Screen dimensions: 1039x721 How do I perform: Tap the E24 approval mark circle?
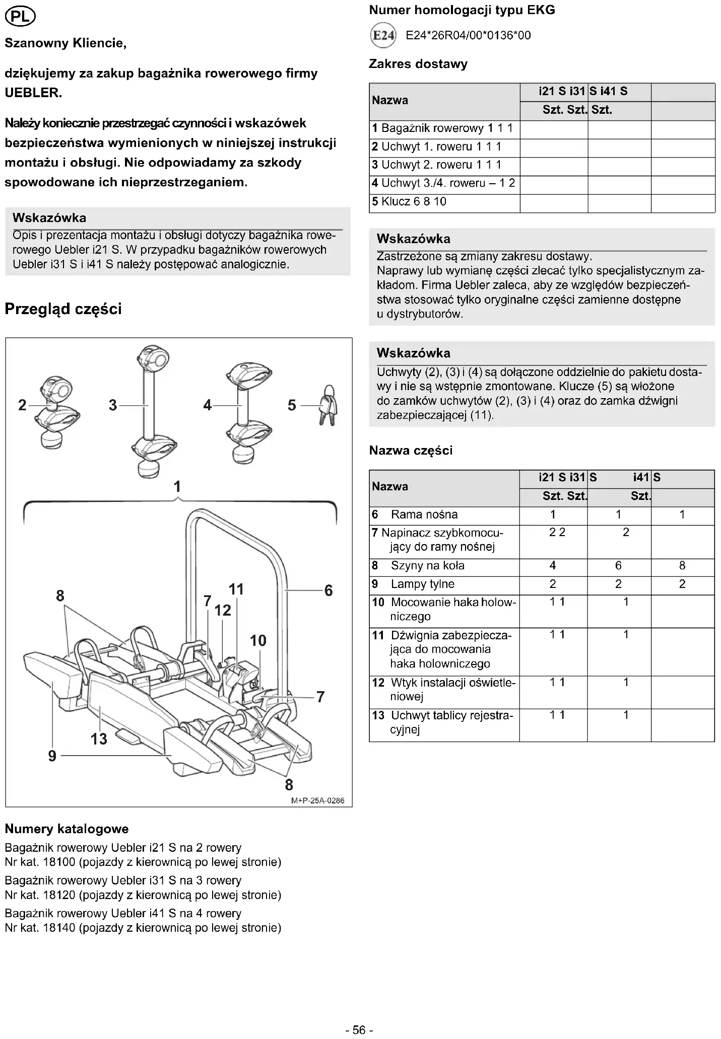click(383, 35)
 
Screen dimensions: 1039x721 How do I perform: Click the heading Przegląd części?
click(63, 309)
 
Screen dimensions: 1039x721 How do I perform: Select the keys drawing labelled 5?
click(328, 405)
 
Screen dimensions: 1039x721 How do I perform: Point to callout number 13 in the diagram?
click(99, 739)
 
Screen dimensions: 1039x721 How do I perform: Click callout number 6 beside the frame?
click(329, 590)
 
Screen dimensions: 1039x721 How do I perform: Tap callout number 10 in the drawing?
click(258, 641)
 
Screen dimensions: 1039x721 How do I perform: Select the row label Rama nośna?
click(424, 514)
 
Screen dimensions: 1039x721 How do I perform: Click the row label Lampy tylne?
click(422, 584)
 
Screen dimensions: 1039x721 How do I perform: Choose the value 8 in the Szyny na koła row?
click(682, 565)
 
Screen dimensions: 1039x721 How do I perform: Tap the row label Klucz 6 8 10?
click(409, 201)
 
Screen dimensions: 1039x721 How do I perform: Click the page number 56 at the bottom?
click(359, 1030)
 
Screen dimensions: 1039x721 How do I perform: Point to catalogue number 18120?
click(59, 895)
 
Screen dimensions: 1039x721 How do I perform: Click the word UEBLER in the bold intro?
click(33, 93)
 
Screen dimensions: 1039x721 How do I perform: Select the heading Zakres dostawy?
click(418, 64)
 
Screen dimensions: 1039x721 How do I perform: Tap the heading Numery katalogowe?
click(67, 829)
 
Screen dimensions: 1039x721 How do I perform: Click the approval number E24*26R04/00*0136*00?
click(468, 35)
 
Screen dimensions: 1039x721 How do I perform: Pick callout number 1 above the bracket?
click(177, 486)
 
